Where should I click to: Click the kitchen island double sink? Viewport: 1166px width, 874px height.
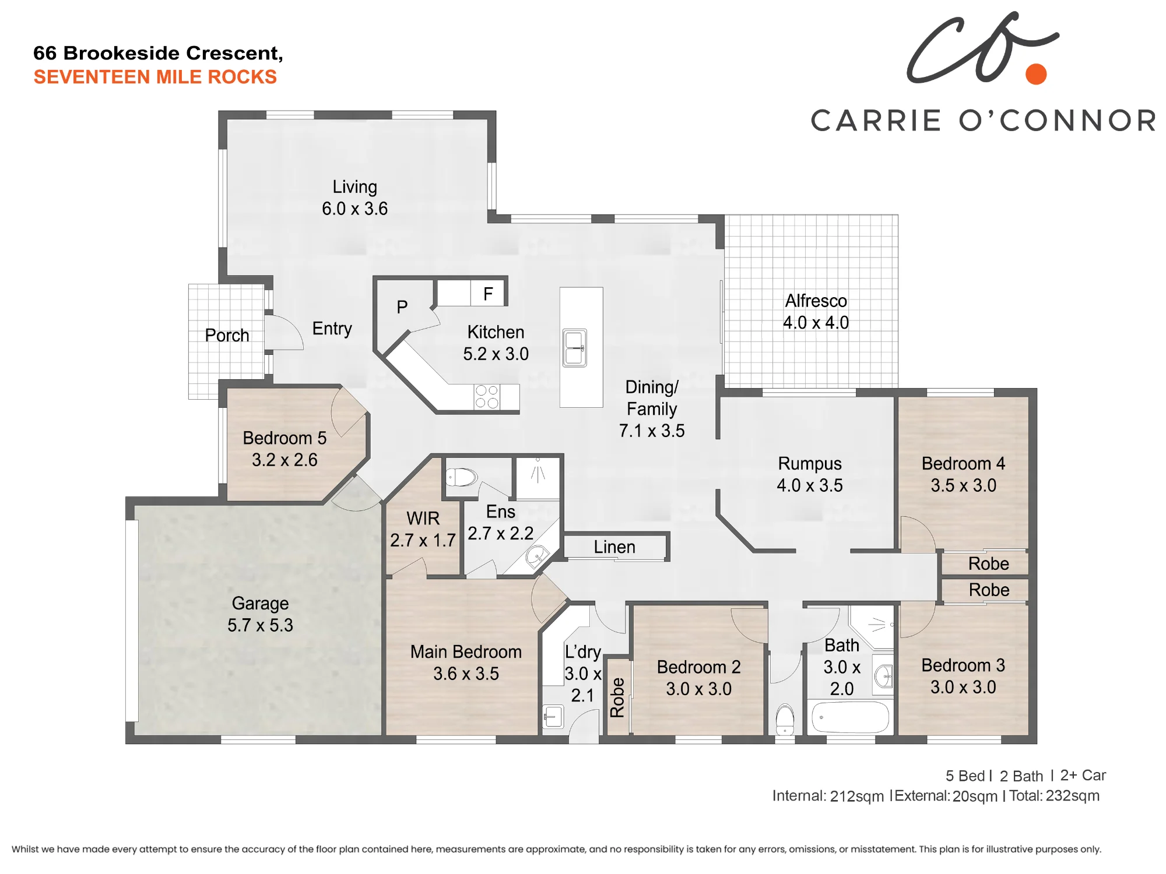click(574, 348)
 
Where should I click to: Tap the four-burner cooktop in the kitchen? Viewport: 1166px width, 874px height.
click(487, 397)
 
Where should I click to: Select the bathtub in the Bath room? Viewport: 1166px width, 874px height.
click(850, 716)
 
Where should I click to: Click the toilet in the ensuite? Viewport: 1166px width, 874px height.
click(461, 477)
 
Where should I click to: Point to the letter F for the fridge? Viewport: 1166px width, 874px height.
click(488, 294)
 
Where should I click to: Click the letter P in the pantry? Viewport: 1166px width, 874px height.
click(402, 307)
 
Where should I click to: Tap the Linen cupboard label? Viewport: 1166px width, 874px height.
click(614, 547)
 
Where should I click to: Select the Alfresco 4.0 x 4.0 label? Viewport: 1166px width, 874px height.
click(816, 312)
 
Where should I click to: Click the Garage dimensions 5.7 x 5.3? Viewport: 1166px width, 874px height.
click(260, 625)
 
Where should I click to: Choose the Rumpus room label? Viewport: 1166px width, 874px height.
click(810, 464)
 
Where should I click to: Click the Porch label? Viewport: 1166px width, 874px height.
click(227, 336)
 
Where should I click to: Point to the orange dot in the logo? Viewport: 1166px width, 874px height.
click(1036, 74)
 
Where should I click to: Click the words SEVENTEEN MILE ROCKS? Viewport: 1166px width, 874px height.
click(155, 77)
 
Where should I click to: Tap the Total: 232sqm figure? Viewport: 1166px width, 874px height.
click(1055, 796)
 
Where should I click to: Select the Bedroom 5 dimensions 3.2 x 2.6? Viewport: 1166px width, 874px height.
click(285, 460)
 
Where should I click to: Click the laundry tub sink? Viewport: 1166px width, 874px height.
click(553, 716)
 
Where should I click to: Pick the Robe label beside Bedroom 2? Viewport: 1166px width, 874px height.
click(617, 697)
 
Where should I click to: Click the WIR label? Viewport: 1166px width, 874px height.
click(423, 519)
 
